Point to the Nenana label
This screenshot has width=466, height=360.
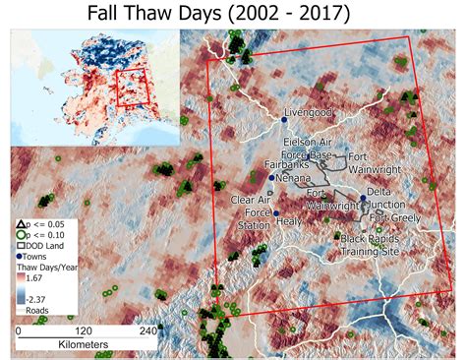coord(295,180)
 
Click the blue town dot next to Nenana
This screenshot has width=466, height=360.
coord(271,178)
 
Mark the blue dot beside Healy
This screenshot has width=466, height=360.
coord(277,213)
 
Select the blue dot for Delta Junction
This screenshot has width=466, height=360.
coord(364,199)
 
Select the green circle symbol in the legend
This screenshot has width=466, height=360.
coord(21,238)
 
